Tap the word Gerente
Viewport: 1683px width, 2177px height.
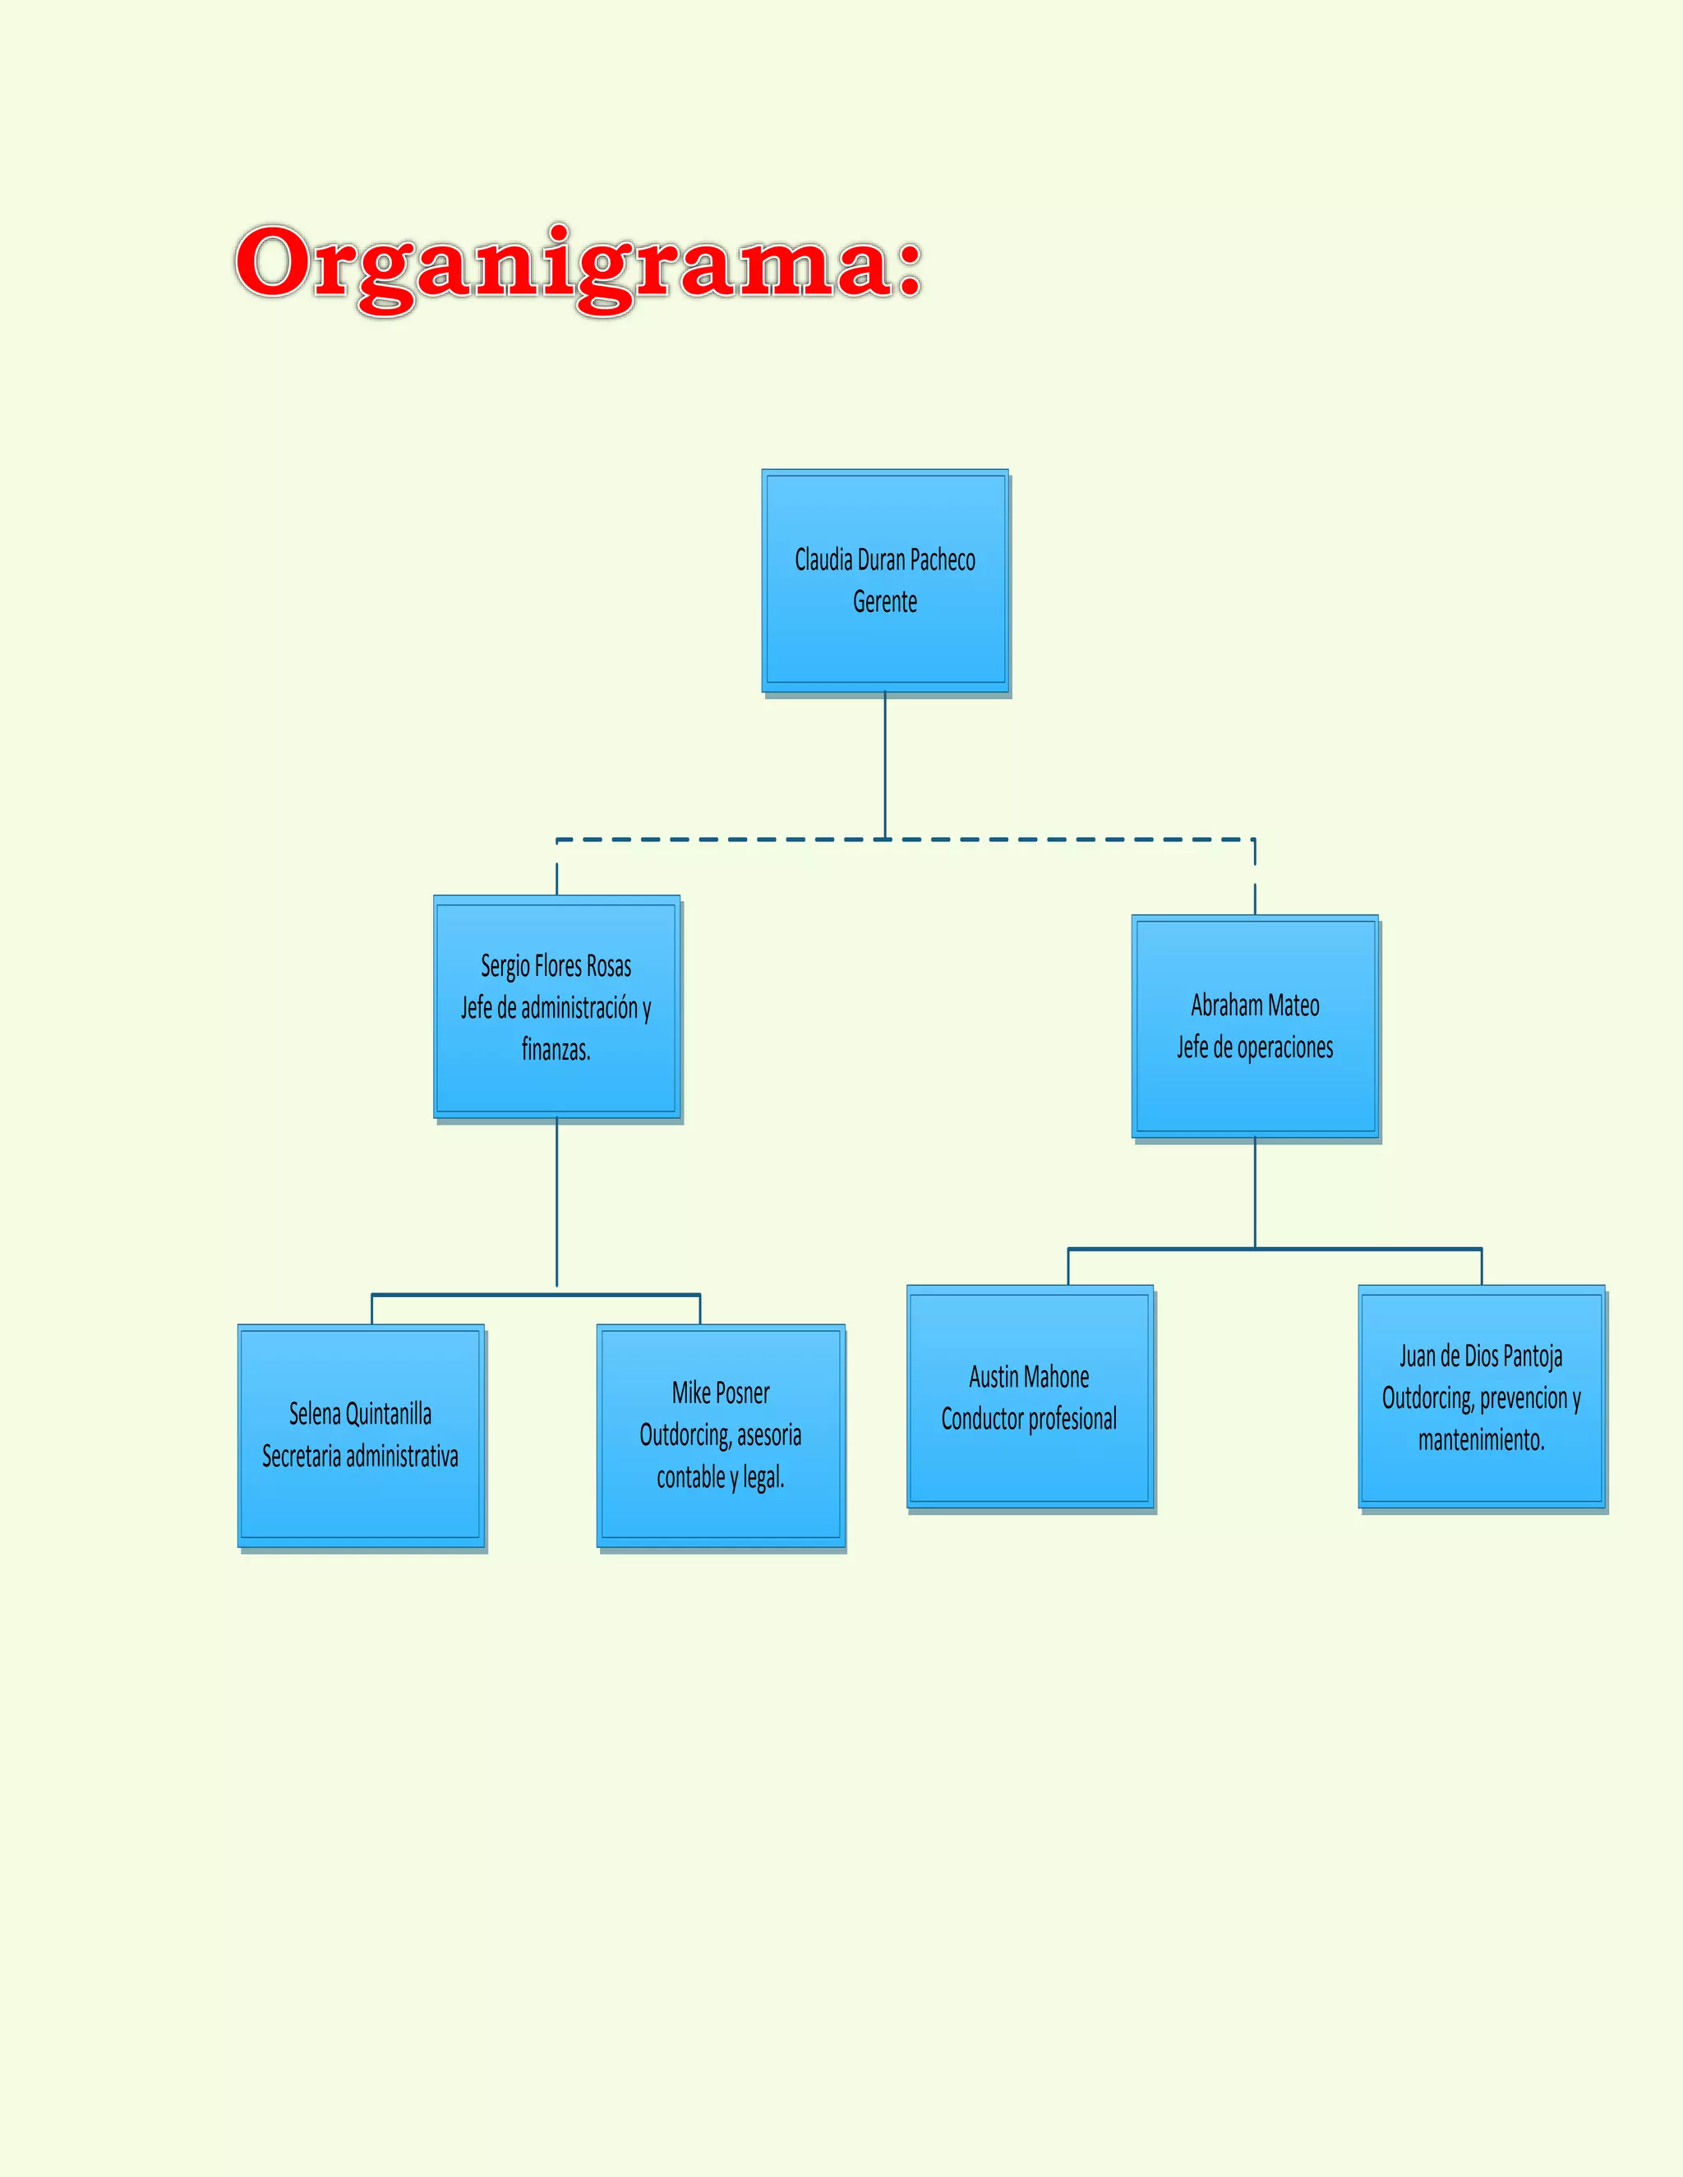(x=884, y=602)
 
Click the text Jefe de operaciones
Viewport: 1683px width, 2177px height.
(x=1254, y=1047)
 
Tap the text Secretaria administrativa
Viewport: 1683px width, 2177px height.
(x=361, y=1457)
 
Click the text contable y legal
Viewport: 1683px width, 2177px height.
(x=720, y=1477)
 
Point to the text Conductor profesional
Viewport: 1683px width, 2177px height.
(x=1029, y=1419)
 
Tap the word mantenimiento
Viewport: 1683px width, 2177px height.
(x=1482, y=1440)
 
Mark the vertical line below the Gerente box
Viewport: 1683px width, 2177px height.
(x=884, y=762)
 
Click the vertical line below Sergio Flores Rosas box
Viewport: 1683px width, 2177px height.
(x=556, y=1201)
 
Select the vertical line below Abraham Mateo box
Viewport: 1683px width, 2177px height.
(x=1254, y=1191)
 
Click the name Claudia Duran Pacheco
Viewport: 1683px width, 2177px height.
(x=884, y=560)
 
